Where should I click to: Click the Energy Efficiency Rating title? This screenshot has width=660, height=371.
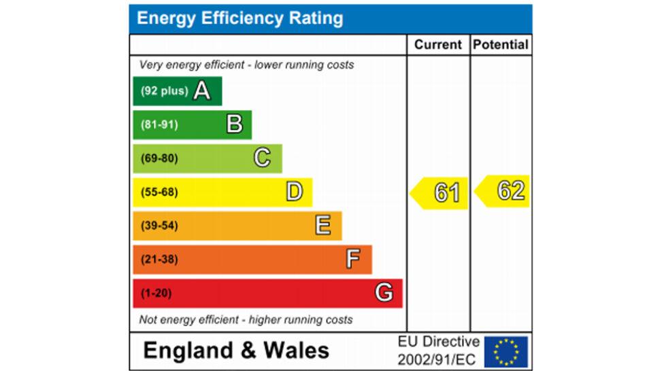[x=240, y=18]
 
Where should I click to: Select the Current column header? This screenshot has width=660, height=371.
[x=438, y=45]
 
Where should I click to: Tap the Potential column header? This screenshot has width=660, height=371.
[x=501, y=45]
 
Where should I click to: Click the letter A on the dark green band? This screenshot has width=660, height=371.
[x=201, y=90]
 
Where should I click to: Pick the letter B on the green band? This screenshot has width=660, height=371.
[x=234, y=124]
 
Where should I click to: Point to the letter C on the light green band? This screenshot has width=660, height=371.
[x=262, y=158]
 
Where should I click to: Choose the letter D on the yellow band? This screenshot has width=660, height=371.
[x=294, y=192]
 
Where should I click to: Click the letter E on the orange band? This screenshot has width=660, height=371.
[x=323, y=226]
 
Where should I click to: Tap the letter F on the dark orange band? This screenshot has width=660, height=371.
[x=352, y=260]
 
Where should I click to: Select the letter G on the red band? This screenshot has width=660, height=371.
[x=384, y=293]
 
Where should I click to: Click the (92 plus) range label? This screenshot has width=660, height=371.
[x=164, y=91]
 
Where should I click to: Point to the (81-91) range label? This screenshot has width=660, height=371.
[x=159, y=125]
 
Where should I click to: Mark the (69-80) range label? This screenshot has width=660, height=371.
[x=159, y=158]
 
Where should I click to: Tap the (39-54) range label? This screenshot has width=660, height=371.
[x=159, y=226]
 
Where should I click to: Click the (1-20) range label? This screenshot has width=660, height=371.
[x=156, y=294]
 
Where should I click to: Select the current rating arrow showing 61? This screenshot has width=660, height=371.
[x=440, y=193]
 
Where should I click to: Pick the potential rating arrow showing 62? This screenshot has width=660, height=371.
[x=504, y=191]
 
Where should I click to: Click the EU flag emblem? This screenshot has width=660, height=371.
[x=506, y=352]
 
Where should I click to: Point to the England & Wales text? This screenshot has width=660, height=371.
[x=236, y=351]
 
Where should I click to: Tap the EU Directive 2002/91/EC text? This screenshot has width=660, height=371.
[x=438, y=350]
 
